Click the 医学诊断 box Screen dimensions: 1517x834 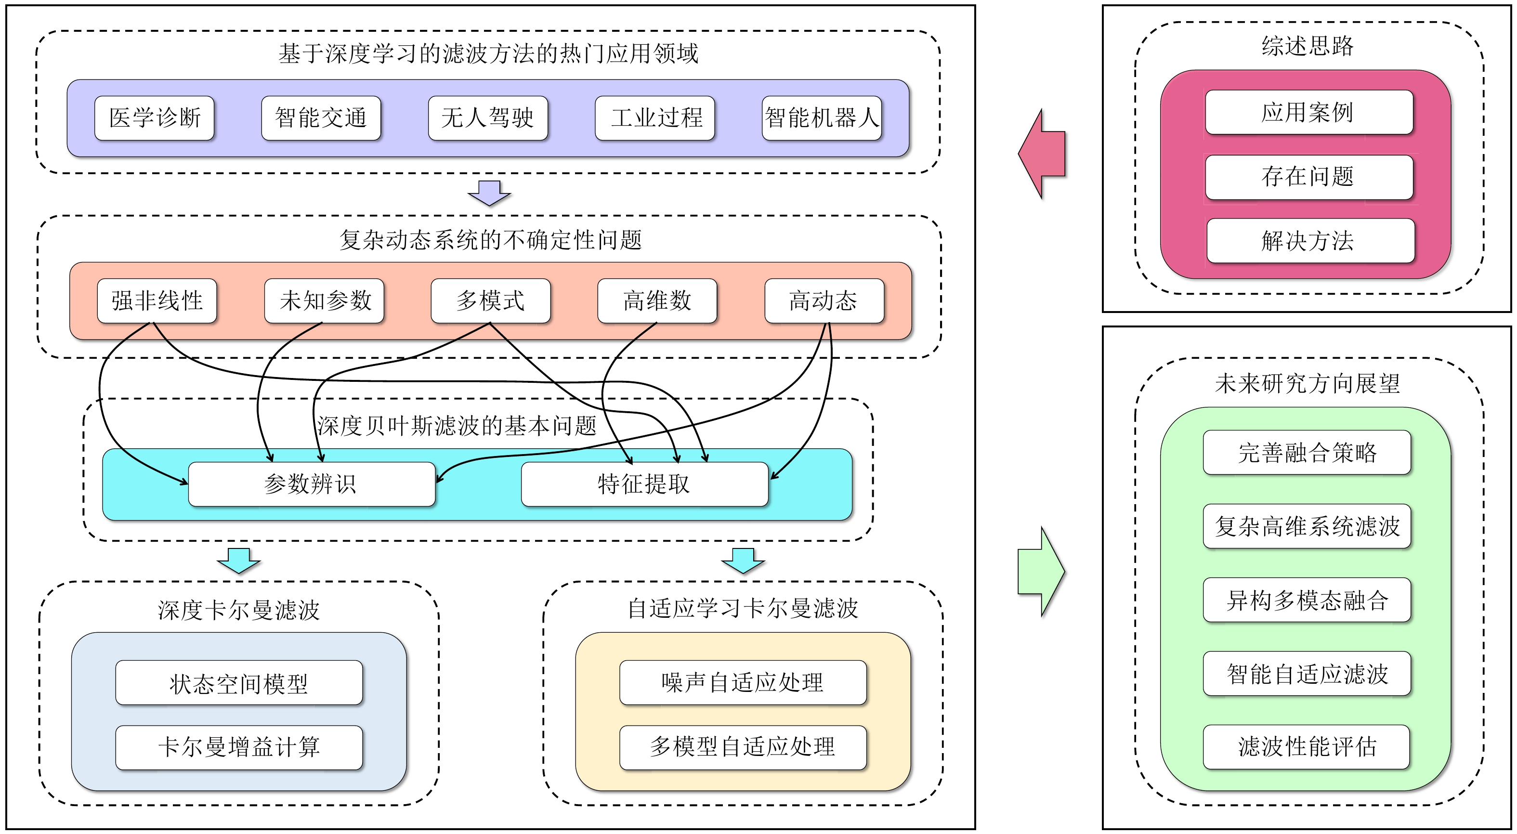[154, 118]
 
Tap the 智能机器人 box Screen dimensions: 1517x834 [822, 118]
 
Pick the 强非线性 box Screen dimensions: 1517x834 [157, 300]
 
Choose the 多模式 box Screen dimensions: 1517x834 [491, 300]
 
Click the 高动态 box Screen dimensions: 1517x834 [824, 300]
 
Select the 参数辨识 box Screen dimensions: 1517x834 [312, 484]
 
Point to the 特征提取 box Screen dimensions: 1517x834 [645, 484]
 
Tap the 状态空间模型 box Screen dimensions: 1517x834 [239, 683]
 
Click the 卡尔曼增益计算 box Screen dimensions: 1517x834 [239, 747]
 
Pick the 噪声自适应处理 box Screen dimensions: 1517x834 [743, 683]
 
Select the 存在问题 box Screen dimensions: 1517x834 [1308, 177]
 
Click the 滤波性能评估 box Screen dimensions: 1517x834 [1307, 747]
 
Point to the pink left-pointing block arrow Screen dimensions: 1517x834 [1041, 154]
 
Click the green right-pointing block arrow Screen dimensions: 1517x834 [1042, 571]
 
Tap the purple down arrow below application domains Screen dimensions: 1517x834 [489, 193]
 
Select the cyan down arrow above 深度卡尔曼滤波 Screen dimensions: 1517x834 [238, 560]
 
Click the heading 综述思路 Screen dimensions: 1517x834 [1308, 46]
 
